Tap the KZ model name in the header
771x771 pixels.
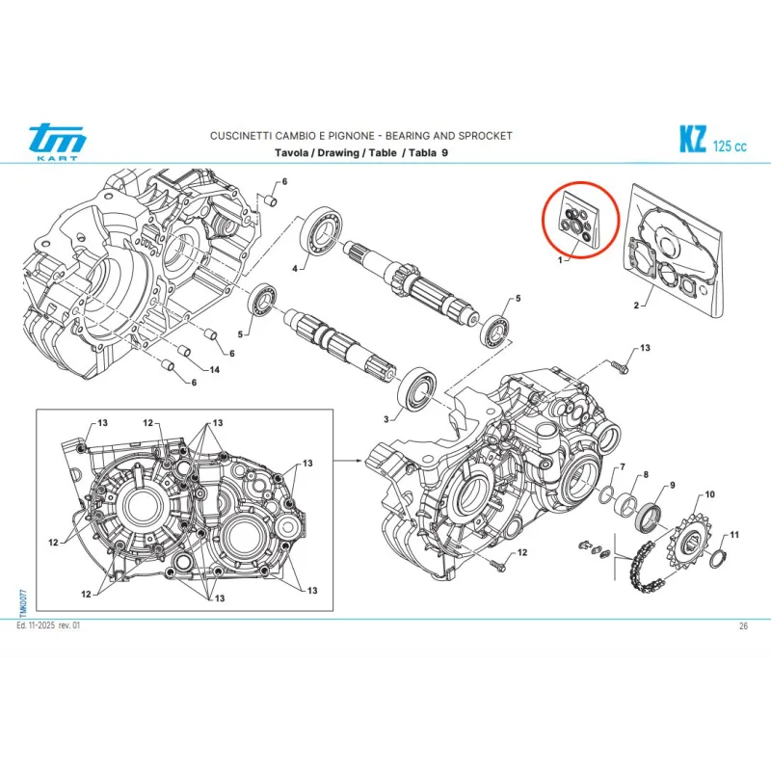tap(691, 141)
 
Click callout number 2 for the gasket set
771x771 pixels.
tap(637, 306)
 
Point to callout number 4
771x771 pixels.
tap(296, 269)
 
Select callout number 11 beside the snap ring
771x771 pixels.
tap(734, 535)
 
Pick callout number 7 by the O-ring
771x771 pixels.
tap(623, 467)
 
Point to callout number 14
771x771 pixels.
tap(214, 371)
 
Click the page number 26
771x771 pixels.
tap(743, 626)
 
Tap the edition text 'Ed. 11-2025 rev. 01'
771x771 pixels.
tap(48, 626)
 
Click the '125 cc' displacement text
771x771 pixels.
tap(730, 146)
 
